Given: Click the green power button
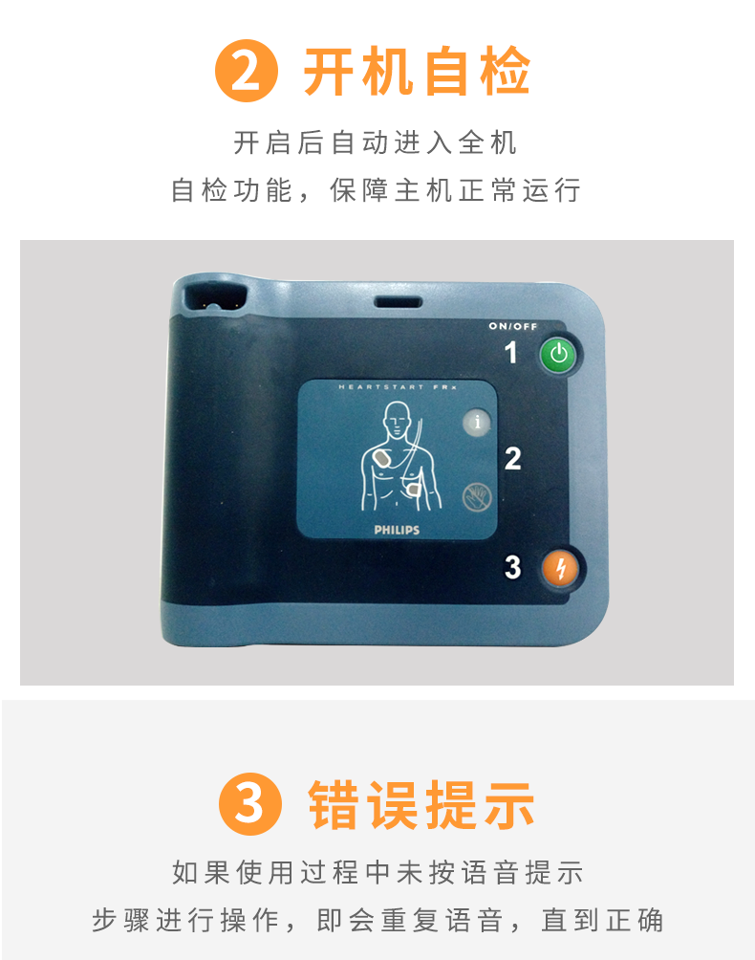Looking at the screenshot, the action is pyautogui.click(x=558, y=354).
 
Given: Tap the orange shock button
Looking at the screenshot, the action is pyautogui.click(x=560, y=567).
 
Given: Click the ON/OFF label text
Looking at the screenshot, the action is pyautogui.click(x=512, y=326).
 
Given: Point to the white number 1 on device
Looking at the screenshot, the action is pyautogui.click(x=511, y=353).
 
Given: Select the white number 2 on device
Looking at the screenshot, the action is pyautogui.click(x=512, y=459).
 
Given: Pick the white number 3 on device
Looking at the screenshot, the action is pyautogui.click(x=512, y=567).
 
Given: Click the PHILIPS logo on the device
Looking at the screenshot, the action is pyautogui.click(x=397, y=530).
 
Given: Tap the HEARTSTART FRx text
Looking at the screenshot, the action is pyautogui.click(x=398, y=387).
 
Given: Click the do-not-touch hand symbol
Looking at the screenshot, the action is pyautogui.click(x=477, y=497).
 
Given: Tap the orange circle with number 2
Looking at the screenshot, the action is pyautogui.click(x=247, y=71).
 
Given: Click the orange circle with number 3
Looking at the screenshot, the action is pyautogui.click(x=250, y=804).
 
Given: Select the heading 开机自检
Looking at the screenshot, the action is pyautogui.click(x=417, y=72).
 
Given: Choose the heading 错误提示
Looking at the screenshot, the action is pyautogui.click(x=421, y=804).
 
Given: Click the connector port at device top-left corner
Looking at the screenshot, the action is pyautogui.click(x=215, y=298).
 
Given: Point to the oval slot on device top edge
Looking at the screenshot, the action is pyautogui.click(x=399, y=302).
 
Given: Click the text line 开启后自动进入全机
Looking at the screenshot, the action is pyautogui.click(x=375, y=142).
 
